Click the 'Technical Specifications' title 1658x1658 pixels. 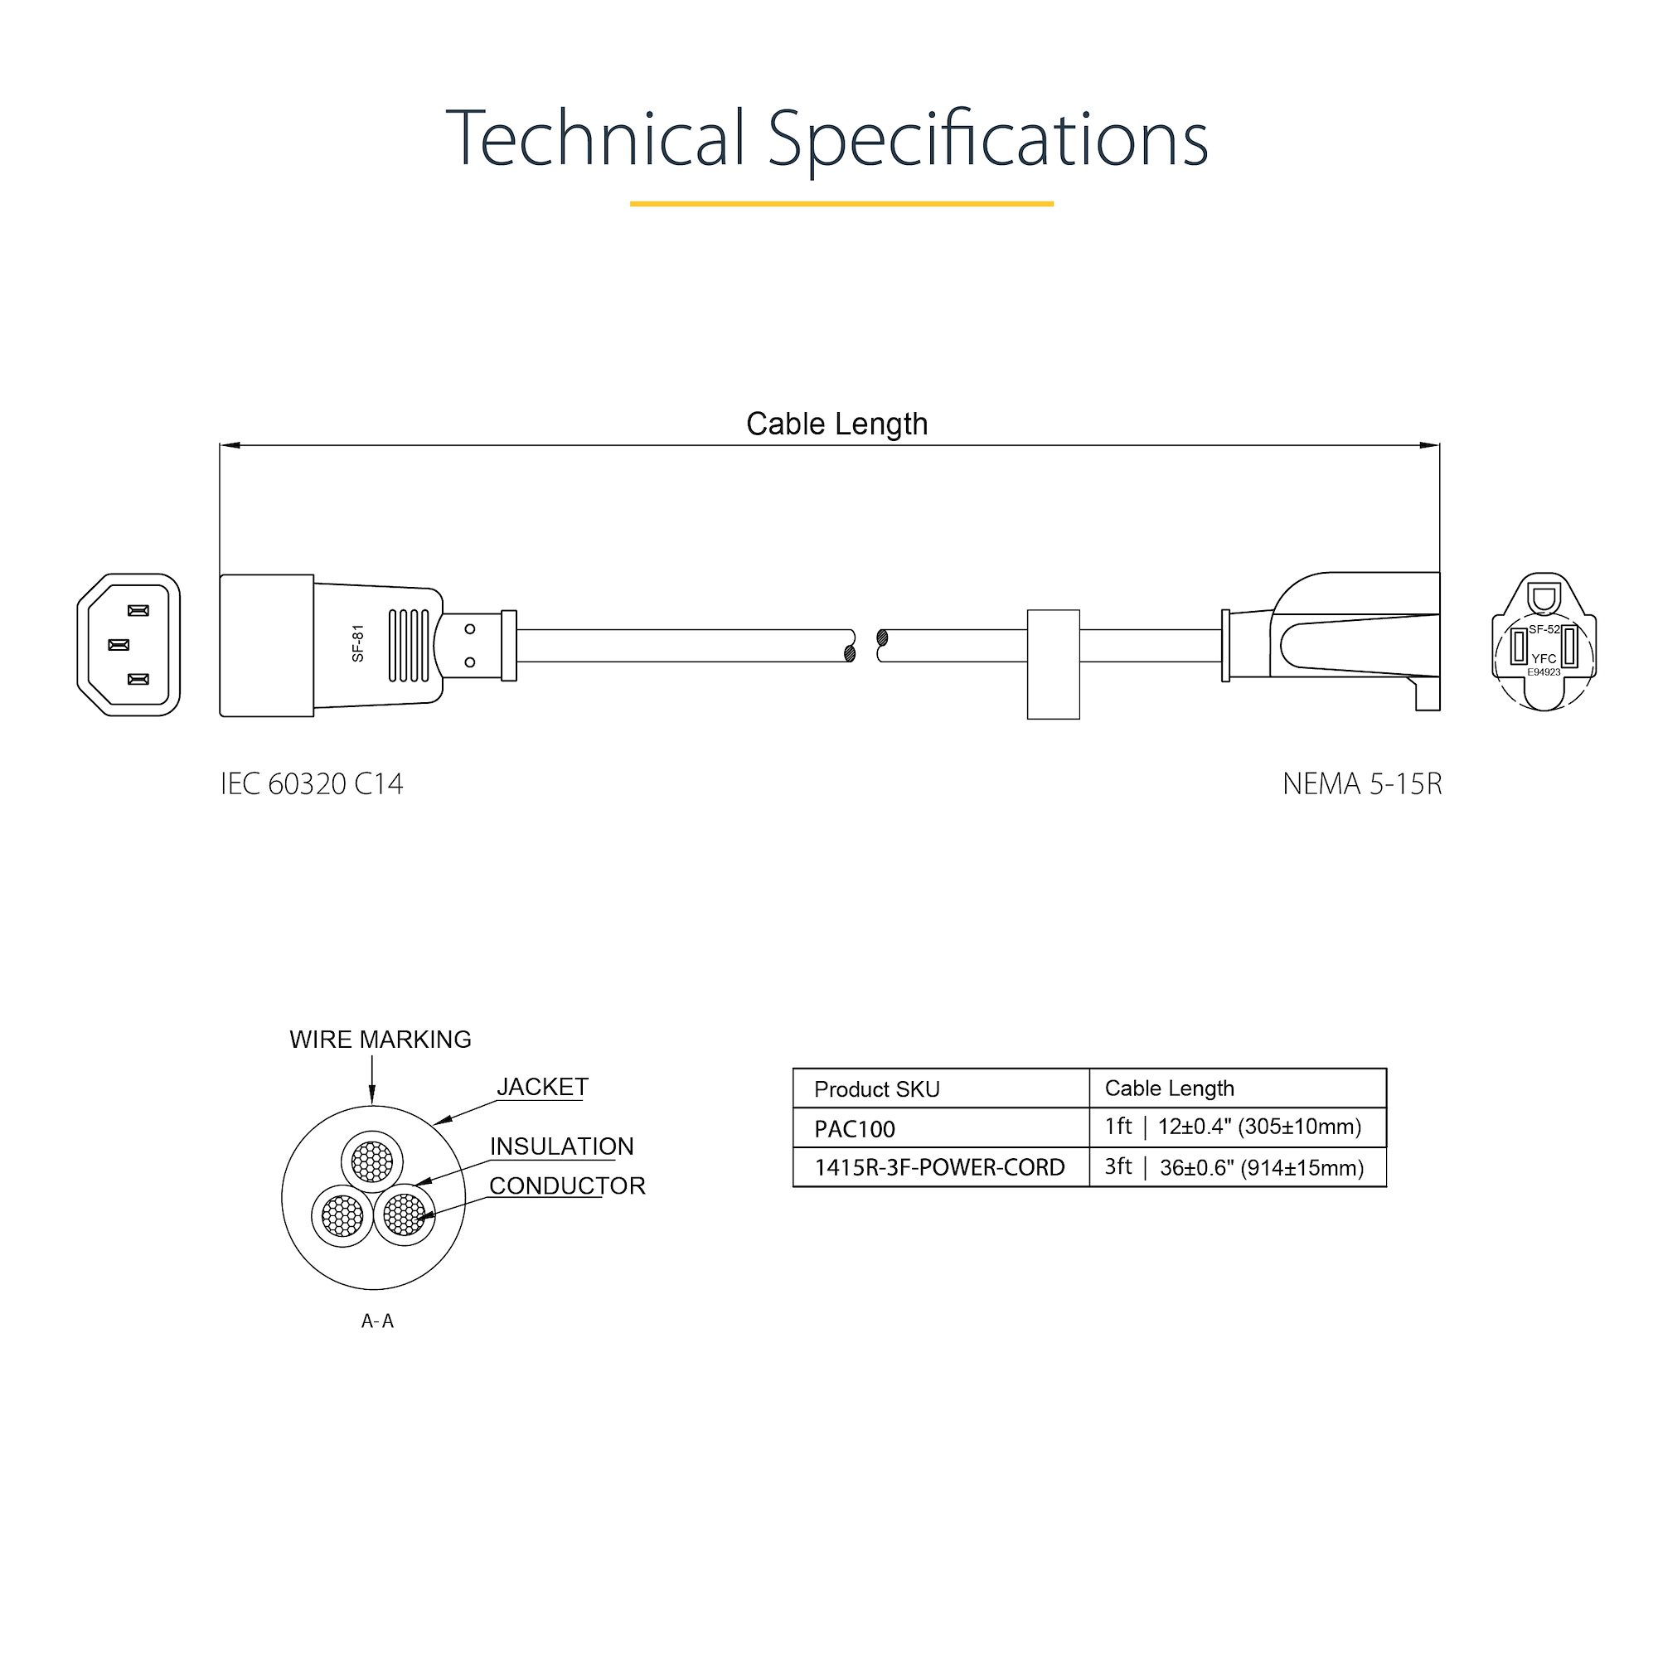[827, 139]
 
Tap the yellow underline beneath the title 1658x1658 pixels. [842, 203]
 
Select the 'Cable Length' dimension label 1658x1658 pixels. [836, 424]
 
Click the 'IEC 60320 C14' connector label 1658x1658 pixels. [312, 783]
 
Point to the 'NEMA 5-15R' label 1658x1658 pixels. [1362, 783]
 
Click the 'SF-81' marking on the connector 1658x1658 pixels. [359, 642]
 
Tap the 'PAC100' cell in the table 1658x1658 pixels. [855, 1128]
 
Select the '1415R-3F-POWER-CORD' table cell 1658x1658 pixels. [940, 1167]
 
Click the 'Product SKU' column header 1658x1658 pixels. [877, 1089]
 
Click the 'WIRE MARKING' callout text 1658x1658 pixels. [381, 1040]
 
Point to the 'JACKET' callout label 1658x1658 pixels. [542, 1087]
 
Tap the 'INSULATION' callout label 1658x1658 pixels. [562, 1147]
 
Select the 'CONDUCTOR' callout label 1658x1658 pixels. [567, 1186]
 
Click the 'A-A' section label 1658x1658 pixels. [377, 1321]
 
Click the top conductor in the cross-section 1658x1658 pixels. [372, 1162]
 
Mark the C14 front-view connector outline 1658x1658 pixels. [128, 644]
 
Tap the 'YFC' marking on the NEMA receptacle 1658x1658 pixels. [1544, 659]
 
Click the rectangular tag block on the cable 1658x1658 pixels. [1054, 664]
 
